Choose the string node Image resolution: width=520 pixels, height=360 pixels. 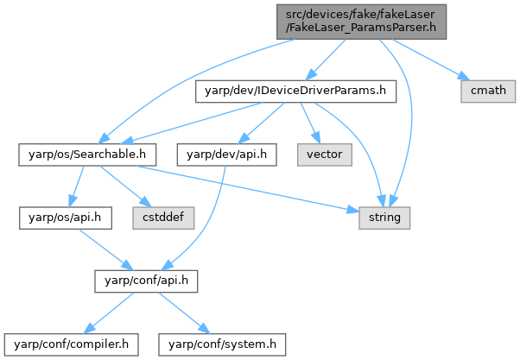[x=384, y=218]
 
